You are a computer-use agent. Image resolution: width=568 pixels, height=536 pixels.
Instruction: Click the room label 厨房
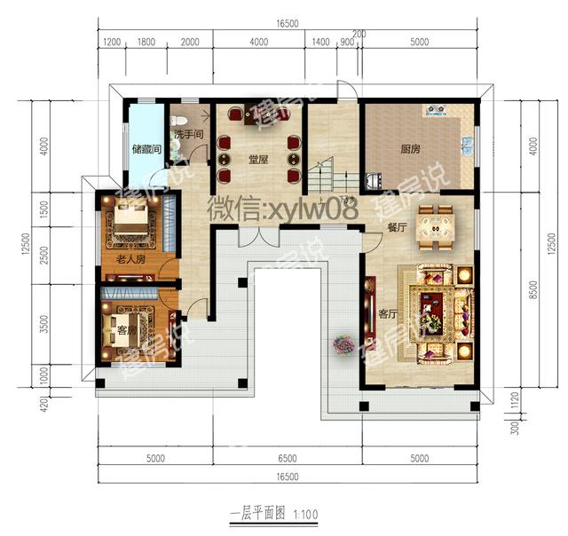pyautogui.click(x=409, y=150)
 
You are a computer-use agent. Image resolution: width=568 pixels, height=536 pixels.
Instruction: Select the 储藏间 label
pyautogui.click(x=146, y=149)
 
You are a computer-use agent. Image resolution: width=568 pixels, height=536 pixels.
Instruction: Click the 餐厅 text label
pyautogui.click(x=397, y=227)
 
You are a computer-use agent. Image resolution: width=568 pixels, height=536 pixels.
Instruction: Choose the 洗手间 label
pyautogui.click(x=188, y=134)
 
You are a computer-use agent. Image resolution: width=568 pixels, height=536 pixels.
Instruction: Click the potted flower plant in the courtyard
pyautogui.click(x=343, y=343)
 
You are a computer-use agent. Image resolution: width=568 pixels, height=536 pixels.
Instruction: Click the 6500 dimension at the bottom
pyautogui.click(x=286, y=459)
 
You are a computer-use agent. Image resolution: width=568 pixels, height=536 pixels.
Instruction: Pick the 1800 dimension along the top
pyautogui.click(x=146, y=43)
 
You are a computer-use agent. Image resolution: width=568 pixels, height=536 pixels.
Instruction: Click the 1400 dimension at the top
pyautogui.click(x=321, y=43)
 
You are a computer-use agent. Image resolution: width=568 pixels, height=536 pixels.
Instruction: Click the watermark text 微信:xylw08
pyautogui.click(x=282, y=209)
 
